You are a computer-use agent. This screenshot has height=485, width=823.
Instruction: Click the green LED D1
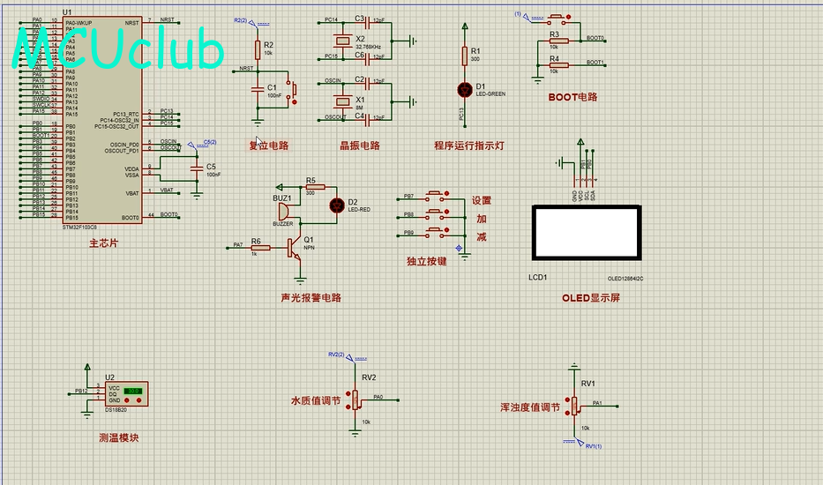tap(465, 89)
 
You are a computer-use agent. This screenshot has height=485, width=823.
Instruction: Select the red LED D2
tap(335, 205)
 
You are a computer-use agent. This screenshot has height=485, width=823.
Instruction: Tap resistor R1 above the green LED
tap(465, 56)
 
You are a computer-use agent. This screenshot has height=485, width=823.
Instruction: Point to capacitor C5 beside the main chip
tap(196, 168)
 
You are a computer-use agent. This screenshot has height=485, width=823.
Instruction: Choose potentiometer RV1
tap(574, 405)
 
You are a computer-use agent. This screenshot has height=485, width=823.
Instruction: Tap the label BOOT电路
tap(572, 97)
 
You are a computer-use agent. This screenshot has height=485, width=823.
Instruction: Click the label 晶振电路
tap(359, 145)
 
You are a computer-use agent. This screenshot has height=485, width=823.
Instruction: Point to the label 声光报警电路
tap(310, 297)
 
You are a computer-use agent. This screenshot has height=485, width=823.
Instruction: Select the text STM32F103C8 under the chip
tap(81, 227)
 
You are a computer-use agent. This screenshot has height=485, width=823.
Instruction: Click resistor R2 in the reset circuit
tap(258, 49)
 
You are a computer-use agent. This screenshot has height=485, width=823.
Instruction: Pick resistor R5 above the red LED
tap(315, 187)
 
